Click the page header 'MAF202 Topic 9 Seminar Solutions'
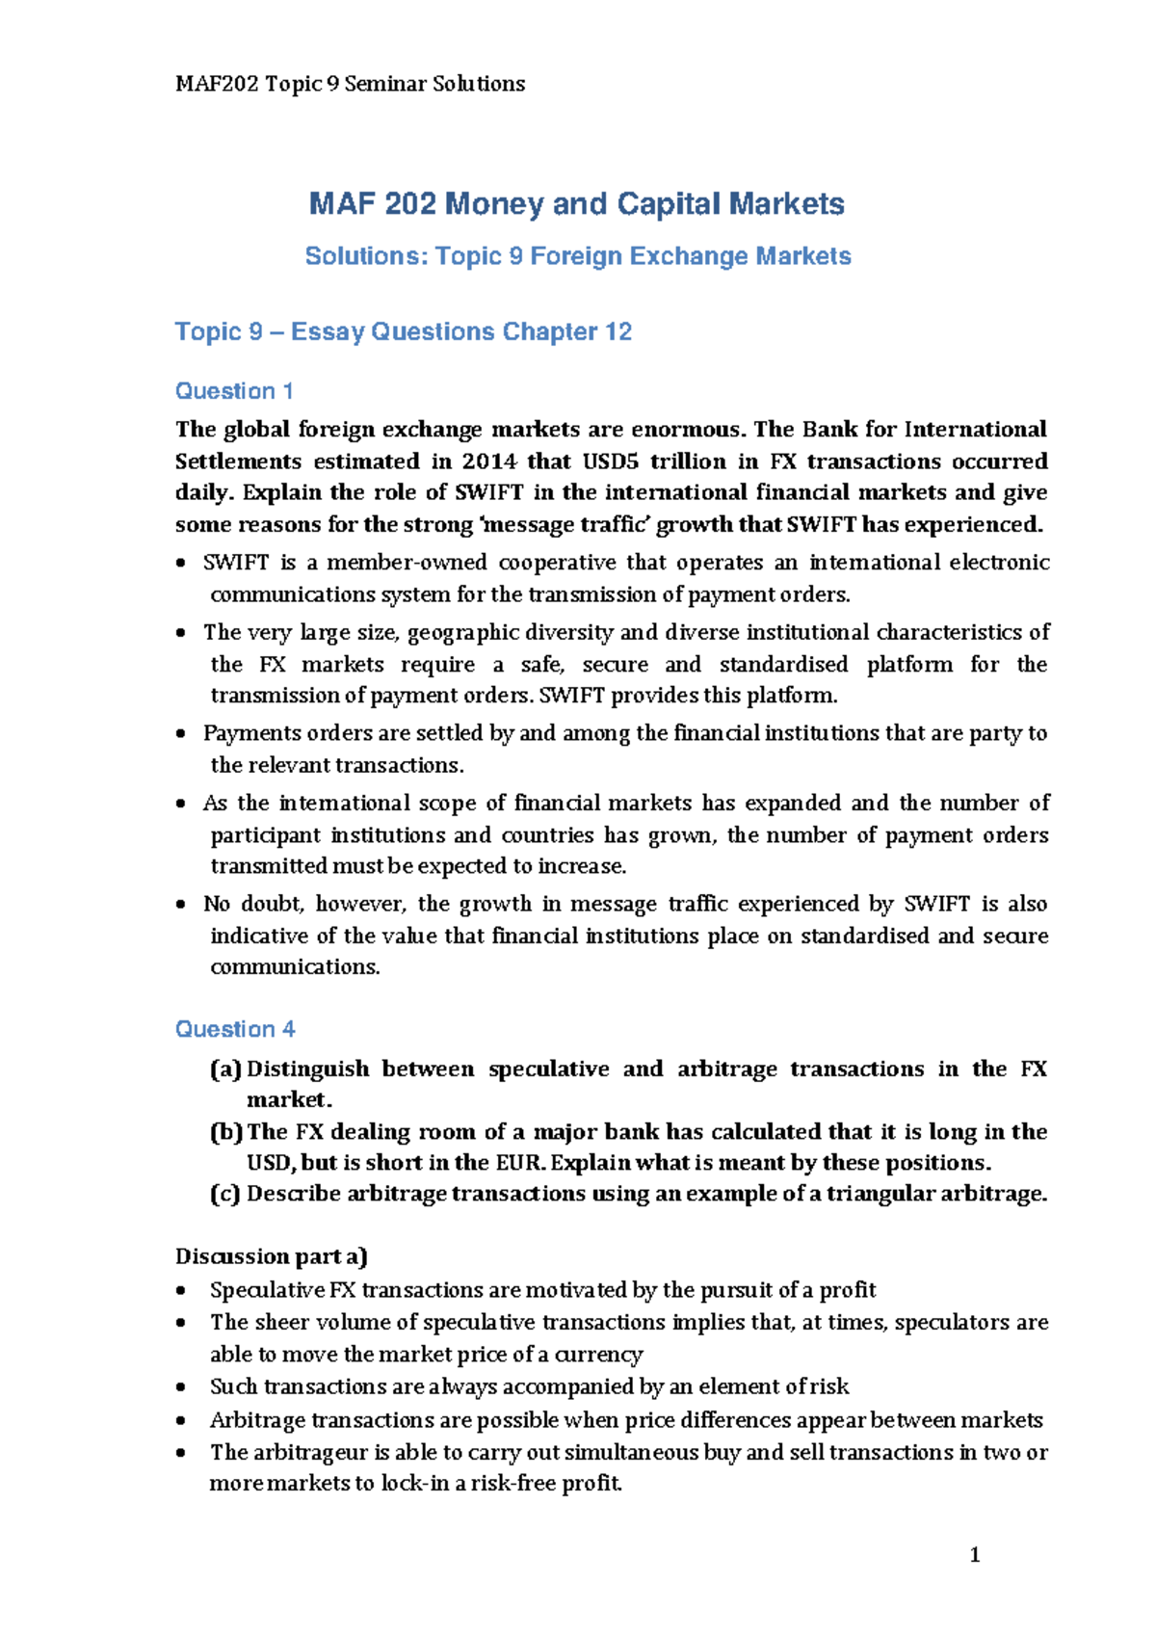[350, 84]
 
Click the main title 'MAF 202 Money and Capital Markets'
[576, 204]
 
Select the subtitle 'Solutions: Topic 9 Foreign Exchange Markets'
[578, 256]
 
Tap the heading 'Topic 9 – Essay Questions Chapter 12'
[403, 331]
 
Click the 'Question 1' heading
[234, 391]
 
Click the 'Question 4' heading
[235, 1029]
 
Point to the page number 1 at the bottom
[975, 1554]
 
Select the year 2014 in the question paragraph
[488, 462]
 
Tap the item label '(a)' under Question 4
[225, 1069]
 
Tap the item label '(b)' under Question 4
[226, 1131]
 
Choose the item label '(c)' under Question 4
[225, 1194]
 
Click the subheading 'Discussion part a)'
[272, 1256]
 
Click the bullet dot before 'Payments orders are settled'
[181, 734]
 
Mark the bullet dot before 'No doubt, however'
[181, 905]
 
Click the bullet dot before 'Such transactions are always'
[181, 1387]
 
